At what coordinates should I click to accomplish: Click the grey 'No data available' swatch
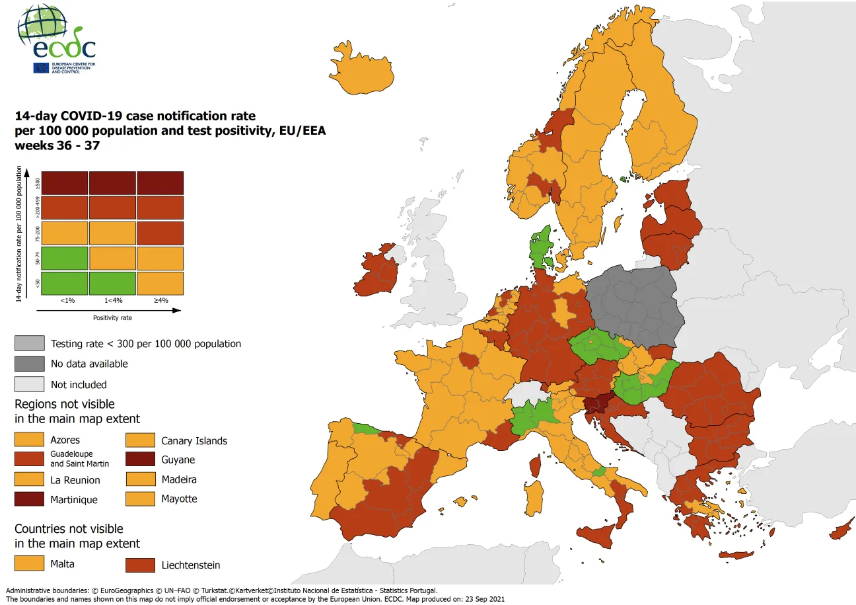30,364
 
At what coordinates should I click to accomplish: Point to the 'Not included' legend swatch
30,384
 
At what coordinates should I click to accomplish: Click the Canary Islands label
194,441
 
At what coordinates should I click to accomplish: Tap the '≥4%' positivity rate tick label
160,300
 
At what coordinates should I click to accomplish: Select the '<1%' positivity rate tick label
67,300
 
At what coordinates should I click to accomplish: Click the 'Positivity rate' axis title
112,317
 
